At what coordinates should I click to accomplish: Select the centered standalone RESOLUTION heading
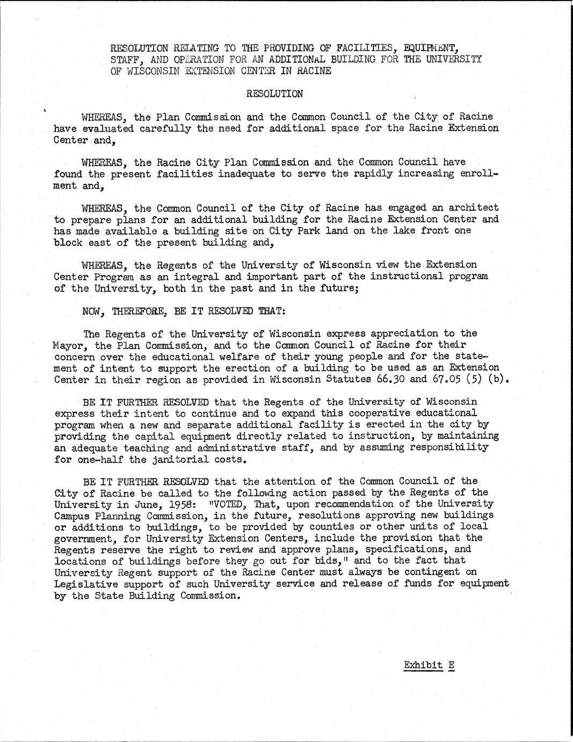(x=274, y=94)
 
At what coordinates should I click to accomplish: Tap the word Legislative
(x=83, y=584)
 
